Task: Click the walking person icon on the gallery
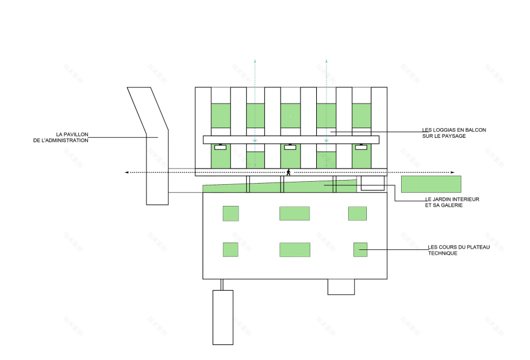point(288,173)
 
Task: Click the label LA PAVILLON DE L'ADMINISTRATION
point(72,137)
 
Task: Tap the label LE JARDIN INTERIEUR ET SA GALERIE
point(452,202)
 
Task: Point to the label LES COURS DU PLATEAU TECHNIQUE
point(458,250)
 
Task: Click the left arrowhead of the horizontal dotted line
point(126,173)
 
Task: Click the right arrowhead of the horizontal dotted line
point(454,173)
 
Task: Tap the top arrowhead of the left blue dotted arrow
point(255,61)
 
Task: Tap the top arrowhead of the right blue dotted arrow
point(326,61)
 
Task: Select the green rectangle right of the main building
point(431,184)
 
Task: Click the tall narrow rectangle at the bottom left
point(223,317)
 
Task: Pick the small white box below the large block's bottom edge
point(341,287)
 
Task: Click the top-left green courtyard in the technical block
point(231,214)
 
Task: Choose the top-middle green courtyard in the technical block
point(295,214)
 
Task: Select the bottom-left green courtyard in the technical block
point(231,249)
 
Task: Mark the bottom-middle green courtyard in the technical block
point(295,250)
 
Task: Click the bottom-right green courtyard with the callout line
point(360,249)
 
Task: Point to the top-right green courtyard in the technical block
point(357,214)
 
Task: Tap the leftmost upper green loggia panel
point(220,115)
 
